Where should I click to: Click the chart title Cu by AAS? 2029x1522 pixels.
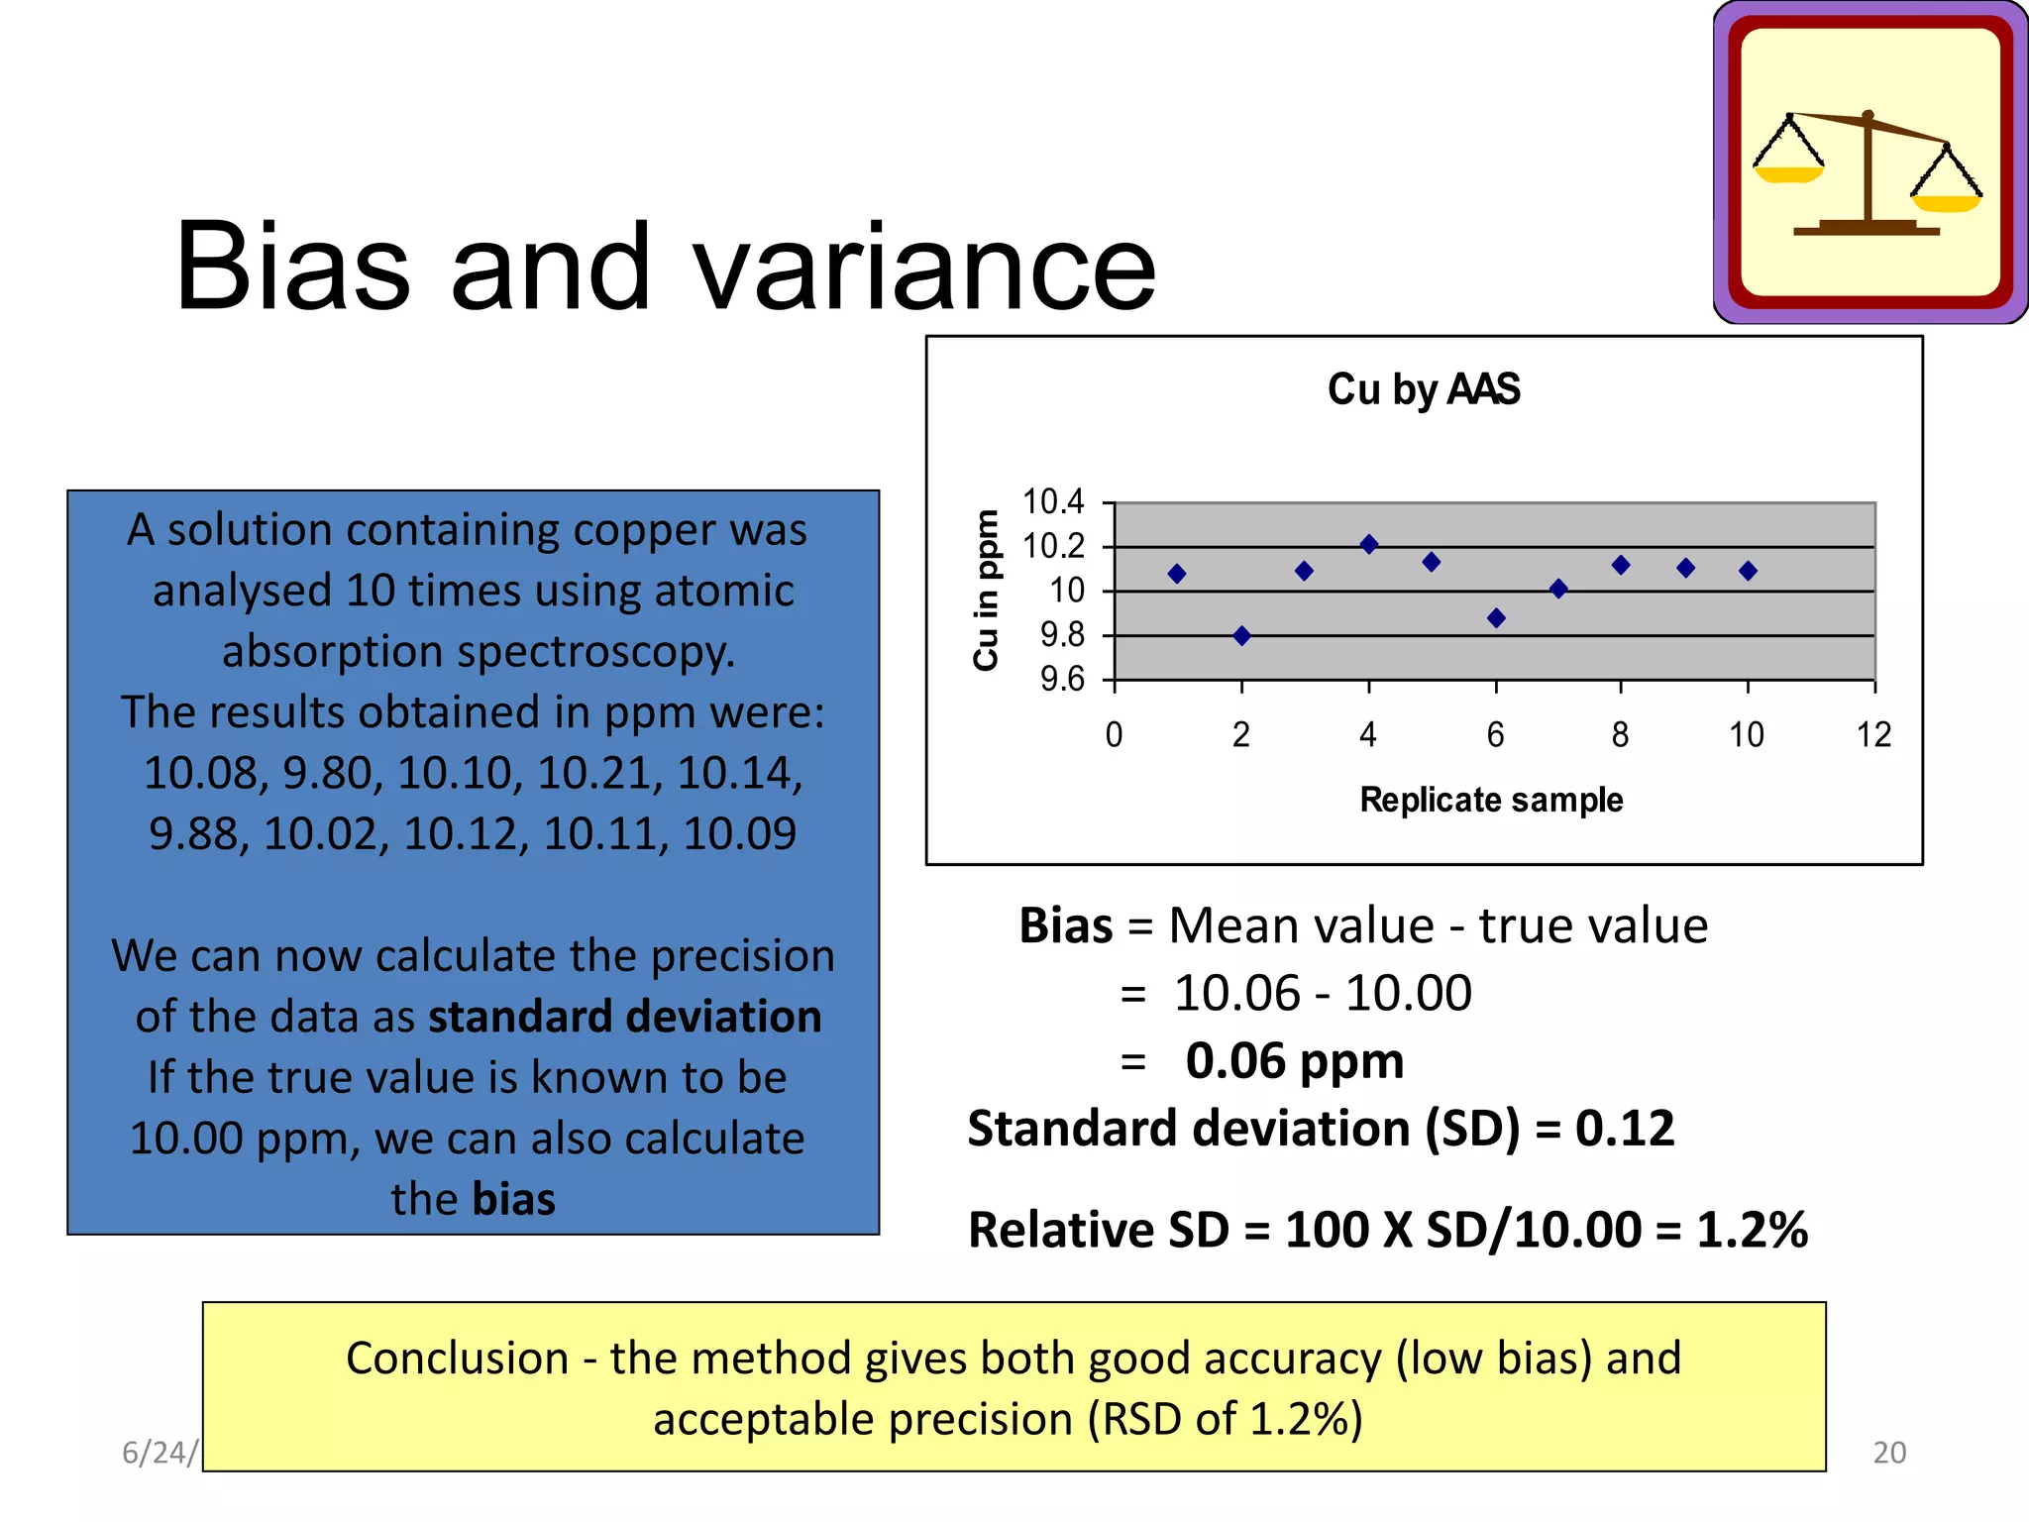point(1423,389)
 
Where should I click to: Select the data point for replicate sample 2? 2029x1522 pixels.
point(1241,636)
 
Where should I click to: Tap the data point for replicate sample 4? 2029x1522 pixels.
point(1369,544)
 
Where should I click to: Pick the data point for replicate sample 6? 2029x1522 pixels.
point(1496,618)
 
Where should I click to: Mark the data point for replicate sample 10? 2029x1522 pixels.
point(1748,571)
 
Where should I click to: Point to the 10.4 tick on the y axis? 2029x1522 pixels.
point(1053,502)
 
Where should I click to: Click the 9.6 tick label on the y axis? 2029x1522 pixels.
point(1062,680)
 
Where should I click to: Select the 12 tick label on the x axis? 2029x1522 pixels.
point(1873,735)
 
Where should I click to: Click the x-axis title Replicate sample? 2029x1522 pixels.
point(1491,800)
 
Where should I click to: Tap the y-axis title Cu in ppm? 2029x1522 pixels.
point(986,591)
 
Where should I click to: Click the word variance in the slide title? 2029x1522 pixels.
point(923,268)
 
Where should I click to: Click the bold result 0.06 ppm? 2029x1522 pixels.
point(1294,1061)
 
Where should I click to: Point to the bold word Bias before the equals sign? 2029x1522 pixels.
point(1066,925)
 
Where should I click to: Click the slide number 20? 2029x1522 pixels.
point(1888,1453)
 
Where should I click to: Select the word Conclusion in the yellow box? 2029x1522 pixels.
point(457,1359)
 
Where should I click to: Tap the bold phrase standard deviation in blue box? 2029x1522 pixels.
point(624,1017)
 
